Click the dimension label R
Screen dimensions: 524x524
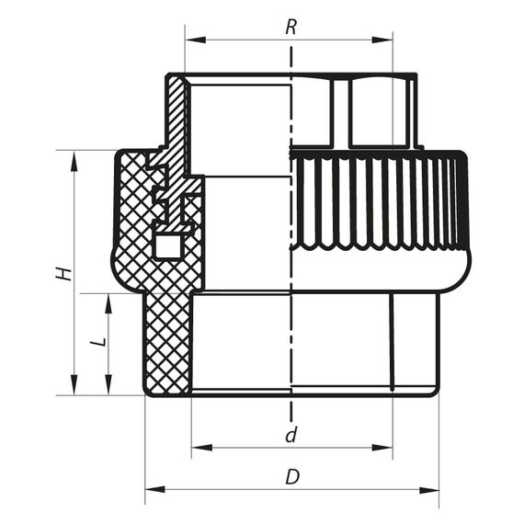click(290, 28)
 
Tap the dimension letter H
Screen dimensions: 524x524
click(61, 274)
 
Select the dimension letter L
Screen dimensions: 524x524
click(100, 342)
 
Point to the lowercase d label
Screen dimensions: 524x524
click(290, 435)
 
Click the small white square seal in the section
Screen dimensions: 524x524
click(167, 246)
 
